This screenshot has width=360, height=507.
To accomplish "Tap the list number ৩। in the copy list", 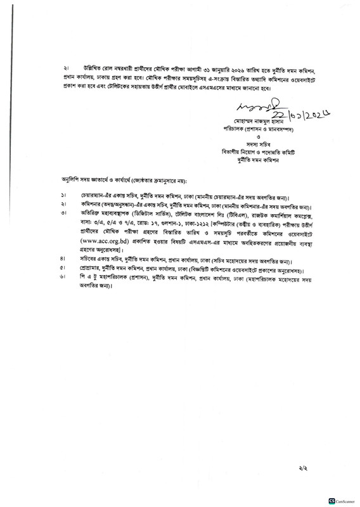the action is (64, 212).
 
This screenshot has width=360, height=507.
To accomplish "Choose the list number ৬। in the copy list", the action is (64, 278).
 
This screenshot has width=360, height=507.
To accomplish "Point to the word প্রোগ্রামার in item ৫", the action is (91, 269).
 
